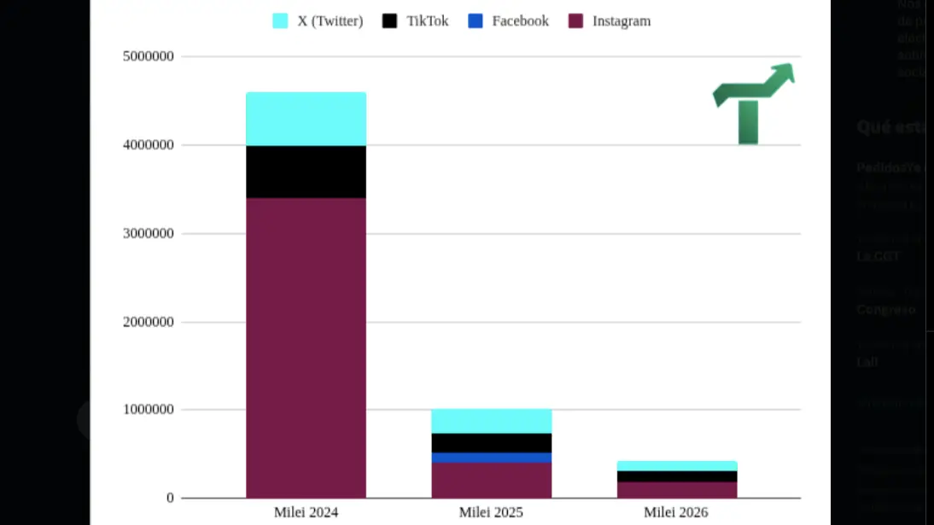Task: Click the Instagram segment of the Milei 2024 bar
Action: pos(306,347)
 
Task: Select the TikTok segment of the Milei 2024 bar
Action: pos(306,172)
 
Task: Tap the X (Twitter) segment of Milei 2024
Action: pos(306,119)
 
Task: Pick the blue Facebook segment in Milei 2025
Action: pos(491,458)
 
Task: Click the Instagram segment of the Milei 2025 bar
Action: pos(491,480)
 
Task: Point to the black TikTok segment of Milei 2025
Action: pos(491,443)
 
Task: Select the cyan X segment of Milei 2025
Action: pos(491,421)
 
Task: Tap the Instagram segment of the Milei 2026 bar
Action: pos(676,490)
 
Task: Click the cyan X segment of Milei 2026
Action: pos(676,466)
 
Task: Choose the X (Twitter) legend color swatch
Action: pos(280,21)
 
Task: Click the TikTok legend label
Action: pos(427,21)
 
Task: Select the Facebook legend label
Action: pos(520,21)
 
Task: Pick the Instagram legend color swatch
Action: pos(575,21)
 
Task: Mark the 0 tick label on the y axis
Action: pos(170,498)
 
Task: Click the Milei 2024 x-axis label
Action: pos(306,513)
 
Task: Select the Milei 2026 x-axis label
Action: pos(676,513)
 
